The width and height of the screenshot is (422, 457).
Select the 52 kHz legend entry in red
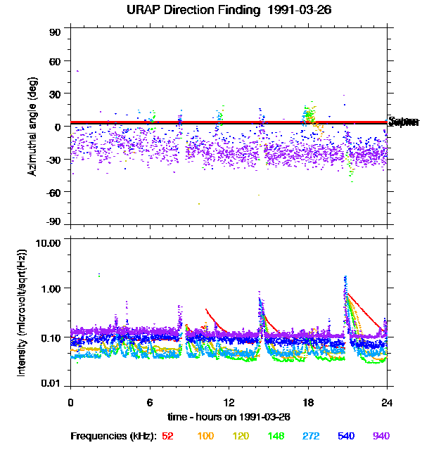click(167, 436)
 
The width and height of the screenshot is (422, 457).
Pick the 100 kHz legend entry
click(205, 436)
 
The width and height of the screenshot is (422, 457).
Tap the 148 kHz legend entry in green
click(276, 436)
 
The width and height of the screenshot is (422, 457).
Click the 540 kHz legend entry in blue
click(347, 436)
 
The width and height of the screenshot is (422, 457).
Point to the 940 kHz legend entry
click(381, 436)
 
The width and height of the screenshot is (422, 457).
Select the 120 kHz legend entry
click(241, 436)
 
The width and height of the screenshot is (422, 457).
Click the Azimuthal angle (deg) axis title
click(32, 127)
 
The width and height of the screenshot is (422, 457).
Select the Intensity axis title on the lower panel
click(22, 314)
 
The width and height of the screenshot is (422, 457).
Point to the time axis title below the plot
click(229, 416)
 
